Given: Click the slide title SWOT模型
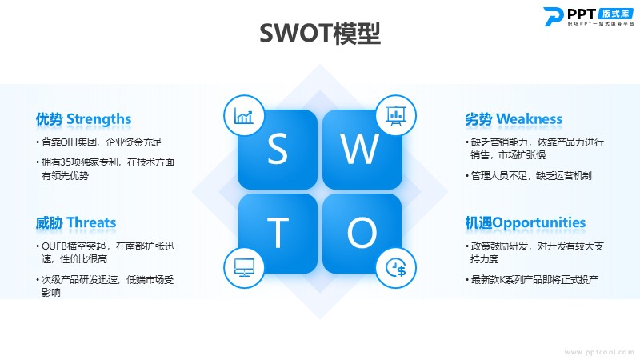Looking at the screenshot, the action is point(320,33).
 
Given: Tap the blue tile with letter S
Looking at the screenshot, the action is point(278,149).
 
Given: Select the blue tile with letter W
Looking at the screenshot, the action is point(362,149).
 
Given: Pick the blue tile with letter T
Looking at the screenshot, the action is point(278,234).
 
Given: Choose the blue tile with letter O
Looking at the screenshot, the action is point(362,234).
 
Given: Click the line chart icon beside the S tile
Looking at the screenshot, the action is point(244,116).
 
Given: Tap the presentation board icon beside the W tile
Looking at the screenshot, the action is point(396,115).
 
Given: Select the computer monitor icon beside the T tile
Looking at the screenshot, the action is point(244,268).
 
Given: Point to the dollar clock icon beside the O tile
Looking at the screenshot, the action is point(396,268).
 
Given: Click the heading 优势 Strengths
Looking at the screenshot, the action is point(83,119).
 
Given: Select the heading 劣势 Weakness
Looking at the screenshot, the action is point(514,119).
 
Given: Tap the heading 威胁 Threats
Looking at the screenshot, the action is point(76,223).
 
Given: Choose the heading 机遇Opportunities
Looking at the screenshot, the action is point(526,223).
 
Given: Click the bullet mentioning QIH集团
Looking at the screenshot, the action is point(98,142).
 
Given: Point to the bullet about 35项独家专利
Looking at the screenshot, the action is point(106,169).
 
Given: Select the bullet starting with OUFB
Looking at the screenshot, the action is point(106,252).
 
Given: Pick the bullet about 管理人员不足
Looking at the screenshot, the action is point(529,175).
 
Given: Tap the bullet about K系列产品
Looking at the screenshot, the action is point(532,279).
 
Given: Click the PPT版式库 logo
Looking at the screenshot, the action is point(589,16).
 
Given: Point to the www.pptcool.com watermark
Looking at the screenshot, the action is point(599,352).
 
